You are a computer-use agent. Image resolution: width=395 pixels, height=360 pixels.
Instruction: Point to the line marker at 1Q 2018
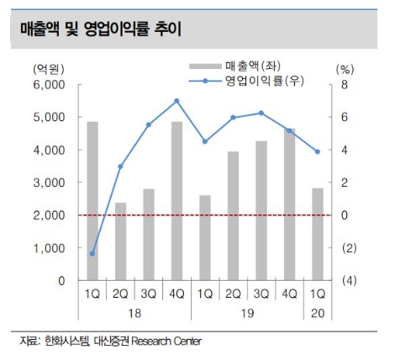92,253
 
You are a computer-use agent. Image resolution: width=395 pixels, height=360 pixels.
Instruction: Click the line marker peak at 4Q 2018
176,101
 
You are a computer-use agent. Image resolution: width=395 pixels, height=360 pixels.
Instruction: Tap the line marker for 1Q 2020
318,151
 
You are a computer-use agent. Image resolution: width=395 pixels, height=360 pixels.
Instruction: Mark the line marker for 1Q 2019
204,141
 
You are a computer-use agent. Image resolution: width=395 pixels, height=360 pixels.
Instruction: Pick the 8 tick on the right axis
342,84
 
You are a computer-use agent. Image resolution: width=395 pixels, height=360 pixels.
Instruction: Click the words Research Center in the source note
166,341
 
